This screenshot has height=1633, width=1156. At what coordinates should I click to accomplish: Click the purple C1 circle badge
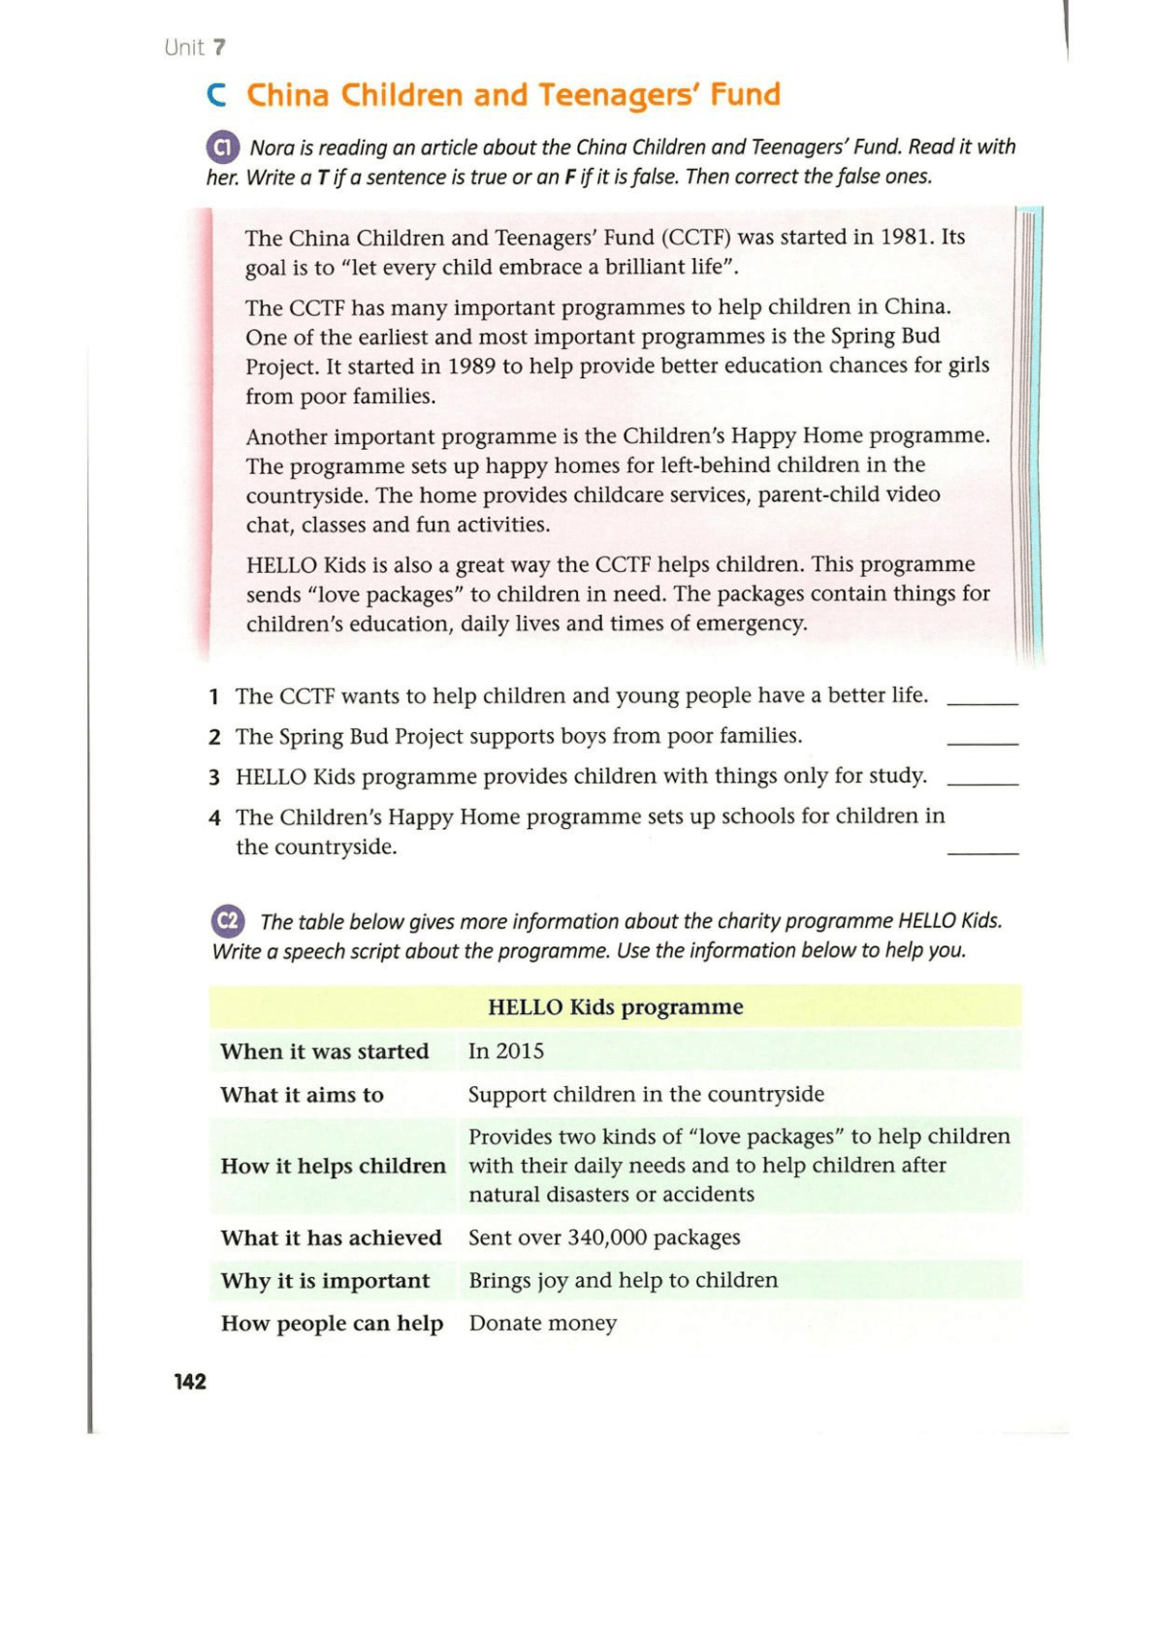click(223, 147)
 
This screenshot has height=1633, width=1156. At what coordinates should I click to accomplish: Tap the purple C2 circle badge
click(228, 920)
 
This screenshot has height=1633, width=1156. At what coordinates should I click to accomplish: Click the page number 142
click(190, 1381)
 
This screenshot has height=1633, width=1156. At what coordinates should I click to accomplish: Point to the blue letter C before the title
click(217, 95)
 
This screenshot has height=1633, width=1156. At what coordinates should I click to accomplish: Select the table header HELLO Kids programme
click(615, 1007)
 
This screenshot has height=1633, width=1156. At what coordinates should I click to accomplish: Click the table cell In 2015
click(506, 1051)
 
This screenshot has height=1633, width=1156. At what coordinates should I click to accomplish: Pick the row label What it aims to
click(302, 1095)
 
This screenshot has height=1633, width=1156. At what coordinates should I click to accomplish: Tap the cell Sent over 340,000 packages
click(604, 1237)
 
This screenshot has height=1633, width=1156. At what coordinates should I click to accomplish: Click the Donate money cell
click(543, 1323)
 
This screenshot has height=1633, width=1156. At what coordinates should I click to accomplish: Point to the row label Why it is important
click(325, 1281)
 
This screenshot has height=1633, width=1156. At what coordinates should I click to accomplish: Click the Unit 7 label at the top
click(195, 48)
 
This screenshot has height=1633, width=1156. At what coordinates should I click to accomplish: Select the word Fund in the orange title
click(745, 95)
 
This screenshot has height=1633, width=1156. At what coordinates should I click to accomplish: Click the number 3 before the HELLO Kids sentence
click(214, 778)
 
